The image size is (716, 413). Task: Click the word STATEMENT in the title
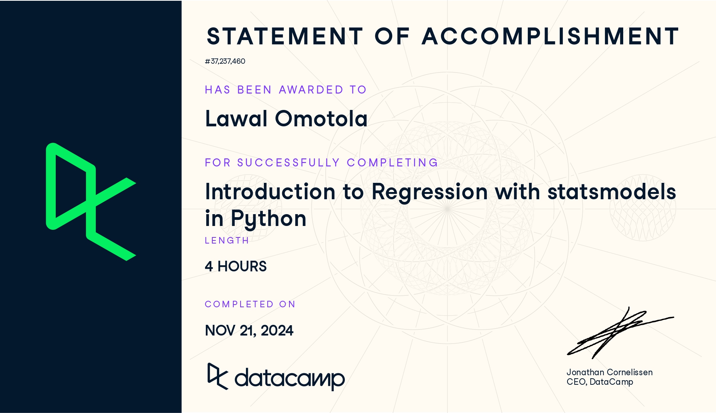click(x=285, y=36)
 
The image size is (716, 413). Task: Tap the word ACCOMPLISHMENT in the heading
click(x=550, y=36)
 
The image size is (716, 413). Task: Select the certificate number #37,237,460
click(x=225, y=61)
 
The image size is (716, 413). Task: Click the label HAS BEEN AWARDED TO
click(x=286, y=90)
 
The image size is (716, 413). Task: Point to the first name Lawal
click(x=236, y=118)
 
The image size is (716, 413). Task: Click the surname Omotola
click(x=321, y=118)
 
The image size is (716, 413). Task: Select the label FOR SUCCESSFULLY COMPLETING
click(x=321, y=163)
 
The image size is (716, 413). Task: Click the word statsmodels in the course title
click(x=612, y=191)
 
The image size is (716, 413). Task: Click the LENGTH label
click(x=227, y=240)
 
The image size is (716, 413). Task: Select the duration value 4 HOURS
click(x=236, y=266)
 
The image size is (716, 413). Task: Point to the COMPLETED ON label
click(x=250, y=304)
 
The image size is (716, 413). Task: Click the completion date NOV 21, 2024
click(x=249, y=331)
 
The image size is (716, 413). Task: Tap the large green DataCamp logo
click(x=91, y=202)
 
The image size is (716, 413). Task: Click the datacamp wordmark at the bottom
click(x=276, y=377)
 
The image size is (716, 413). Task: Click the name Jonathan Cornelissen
click(x=609, y=372)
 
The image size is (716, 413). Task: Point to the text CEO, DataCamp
click(x=600, y=382)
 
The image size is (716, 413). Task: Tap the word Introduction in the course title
click(x=270, y=191)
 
